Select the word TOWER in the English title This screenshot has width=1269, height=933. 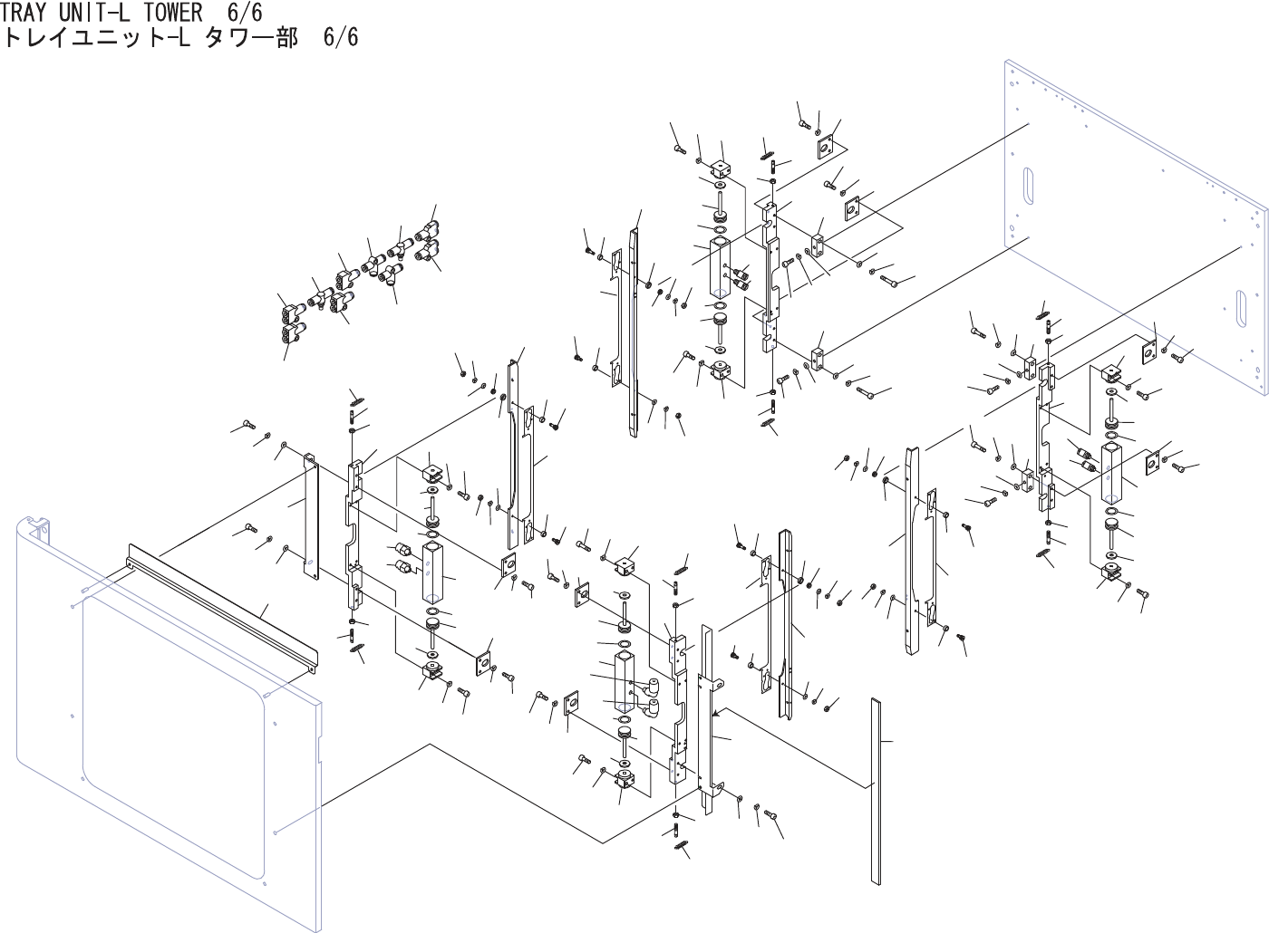tap(169, 13)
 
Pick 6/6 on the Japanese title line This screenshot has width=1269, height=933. tap(340, 38)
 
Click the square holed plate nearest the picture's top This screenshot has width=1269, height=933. tap(826, 148)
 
